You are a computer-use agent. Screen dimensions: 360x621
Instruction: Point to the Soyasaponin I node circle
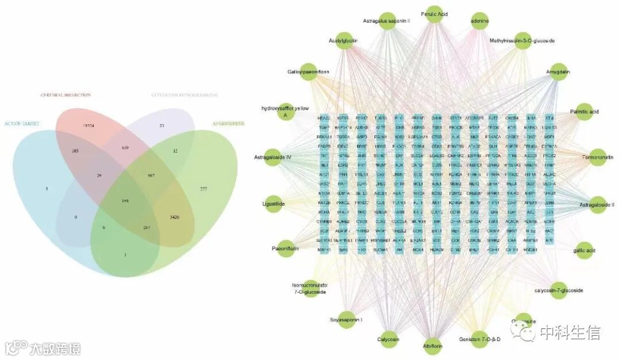click(x=346, y=320)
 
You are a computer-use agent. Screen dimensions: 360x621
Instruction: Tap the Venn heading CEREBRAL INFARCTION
click(x=65, y=95)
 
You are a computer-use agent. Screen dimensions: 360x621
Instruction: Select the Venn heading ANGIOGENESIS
click(x=228, y=123)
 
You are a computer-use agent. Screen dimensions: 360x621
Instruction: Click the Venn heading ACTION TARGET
click(x=20, y=124)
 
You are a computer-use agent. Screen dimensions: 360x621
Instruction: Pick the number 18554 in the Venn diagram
click(x=88, y=125)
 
